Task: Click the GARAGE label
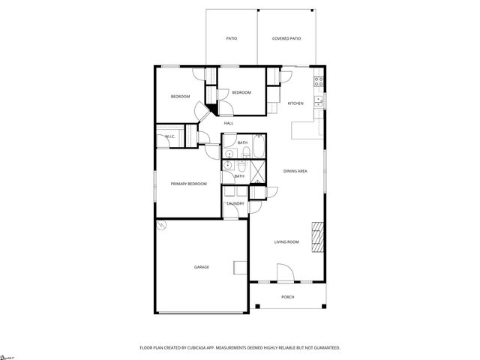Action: tap(202, 267)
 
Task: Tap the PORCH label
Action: tap(288, 297)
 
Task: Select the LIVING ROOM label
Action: tap(286, 241)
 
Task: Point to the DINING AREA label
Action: tap(295, 172)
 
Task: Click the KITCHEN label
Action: tap(295, 103)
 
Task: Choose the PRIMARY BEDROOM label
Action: tap(188, 184)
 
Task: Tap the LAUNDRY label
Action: tap(235, 203)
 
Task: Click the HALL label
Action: tap(229, 123)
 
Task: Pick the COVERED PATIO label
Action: tap(286, 37)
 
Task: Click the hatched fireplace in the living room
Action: tap(318, 238)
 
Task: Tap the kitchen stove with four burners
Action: tap(319, 80)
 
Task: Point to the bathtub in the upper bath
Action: tap(258, 146)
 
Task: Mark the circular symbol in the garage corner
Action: tap(160, 225)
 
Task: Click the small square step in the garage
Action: tap(240, 268)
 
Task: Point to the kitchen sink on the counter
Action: tap(319, 99)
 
